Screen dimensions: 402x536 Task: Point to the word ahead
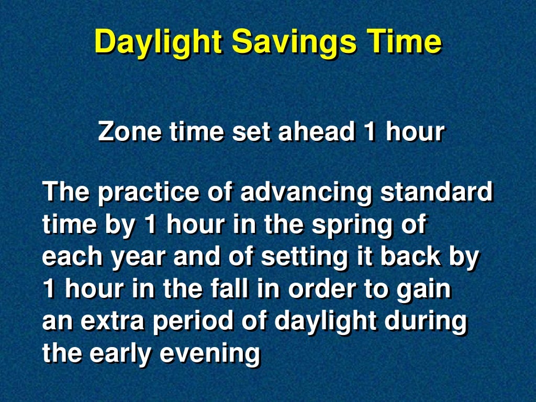[316, 132]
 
